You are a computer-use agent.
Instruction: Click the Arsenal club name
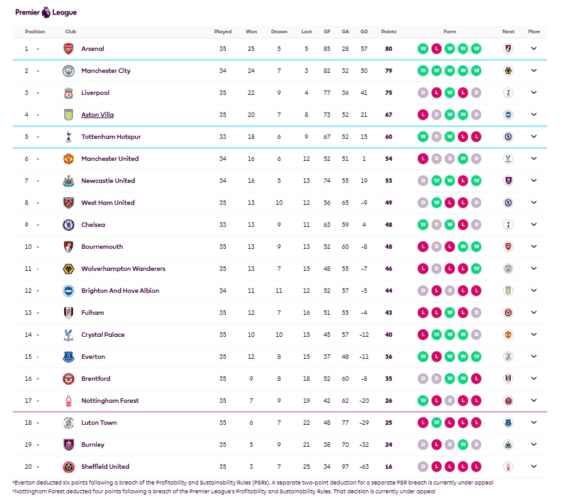(92, 49)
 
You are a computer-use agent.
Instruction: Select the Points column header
(389, 31)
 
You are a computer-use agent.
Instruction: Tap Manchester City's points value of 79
(389, 71)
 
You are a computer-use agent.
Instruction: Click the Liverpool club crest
(69, 93)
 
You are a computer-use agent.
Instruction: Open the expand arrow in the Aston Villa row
(533, 114)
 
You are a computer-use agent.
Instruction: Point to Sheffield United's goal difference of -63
(364, 467)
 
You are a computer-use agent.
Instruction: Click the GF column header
(327, 31)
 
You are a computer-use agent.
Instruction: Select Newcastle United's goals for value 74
(327, 181)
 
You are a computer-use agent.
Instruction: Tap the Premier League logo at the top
(46, 12)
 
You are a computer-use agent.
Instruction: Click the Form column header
(450, 31)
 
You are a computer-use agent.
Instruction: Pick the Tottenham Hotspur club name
(111, 137)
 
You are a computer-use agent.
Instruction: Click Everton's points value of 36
(389, 357)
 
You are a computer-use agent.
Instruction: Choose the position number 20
(28, 467)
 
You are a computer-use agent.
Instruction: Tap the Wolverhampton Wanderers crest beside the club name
(69, 269)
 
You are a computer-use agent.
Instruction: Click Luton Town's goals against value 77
(345, 423)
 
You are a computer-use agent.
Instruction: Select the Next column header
(508, 31)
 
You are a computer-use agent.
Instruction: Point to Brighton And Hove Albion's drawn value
(279, 291)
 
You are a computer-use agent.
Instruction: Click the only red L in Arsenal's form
(437, 49)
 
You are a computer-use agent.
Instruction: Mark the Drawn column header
(279, 31)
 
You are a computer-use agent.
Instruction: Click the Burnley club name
(93, 445)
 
